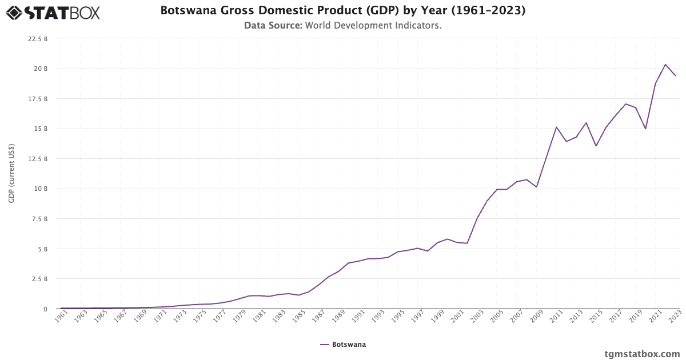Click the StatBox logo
click(53, 12)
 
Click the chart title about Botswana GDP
click(342, 10)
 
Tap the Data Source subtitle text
click(342, 25)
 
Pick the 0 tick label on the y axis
click(45, 309)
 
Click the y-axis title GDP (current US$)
click(11, 174)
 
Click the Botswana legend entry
click(343, 345)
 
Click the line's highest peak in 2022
click(665, 64)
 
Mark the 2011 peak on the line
click(556, 127)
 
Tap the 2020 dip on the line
click(645, 129)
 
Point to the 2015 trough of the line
click(596, 146)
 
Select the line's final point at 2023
click(675, 75)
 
